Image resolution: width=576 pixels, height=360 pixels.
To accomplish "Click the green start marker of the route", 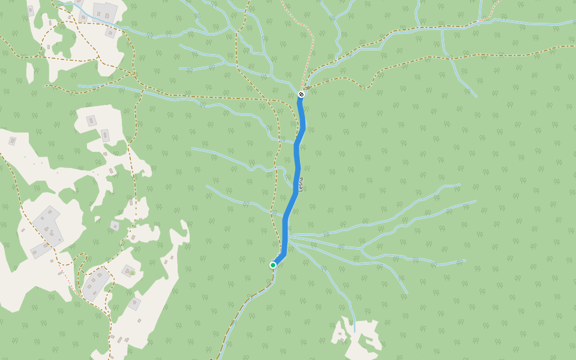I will [273, 265].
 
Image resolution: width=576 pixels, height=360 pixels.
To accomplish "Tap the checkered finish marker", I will [301, 94].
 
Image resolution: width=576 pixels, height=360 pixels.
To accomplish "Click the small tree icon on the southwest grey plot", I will [129, 272].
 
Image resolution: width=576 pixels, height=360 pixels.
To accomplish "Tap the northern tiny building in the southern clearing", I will [340, 334].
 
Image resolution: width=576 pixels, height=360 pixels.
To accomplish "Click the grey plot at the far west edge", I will [12, 141].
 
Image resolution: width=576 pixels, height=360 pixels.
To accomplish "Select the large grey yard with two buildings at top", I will [104, 11].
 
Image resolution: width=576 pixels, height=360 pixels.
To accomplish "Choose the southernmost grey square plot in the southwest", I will [134, 303].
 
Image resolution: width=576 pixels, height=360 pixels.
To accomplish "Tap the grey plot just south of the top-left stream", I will [110, 32].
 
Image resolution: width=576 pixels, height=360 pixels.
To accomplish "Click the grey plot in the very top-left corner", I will [31, 10].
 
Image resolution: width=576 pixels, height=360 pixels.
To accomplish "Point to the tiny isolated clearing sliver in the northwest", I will [30, 73].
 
